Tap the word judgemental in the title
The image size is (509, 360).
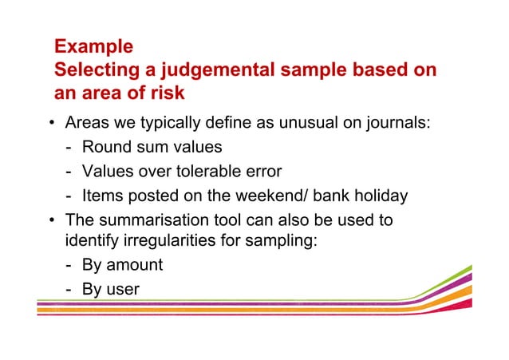(x=201, y=70)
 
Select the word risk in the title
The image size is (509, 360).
(x=165, y=93)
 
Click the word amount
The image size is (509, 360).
(x=133, y=265)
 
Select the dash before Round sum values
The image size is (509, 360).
(x=69, y=148)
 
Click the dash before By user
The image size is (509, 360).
(x=69, y=289)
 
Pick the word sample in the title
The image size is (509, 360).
(x=291, y=70)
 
